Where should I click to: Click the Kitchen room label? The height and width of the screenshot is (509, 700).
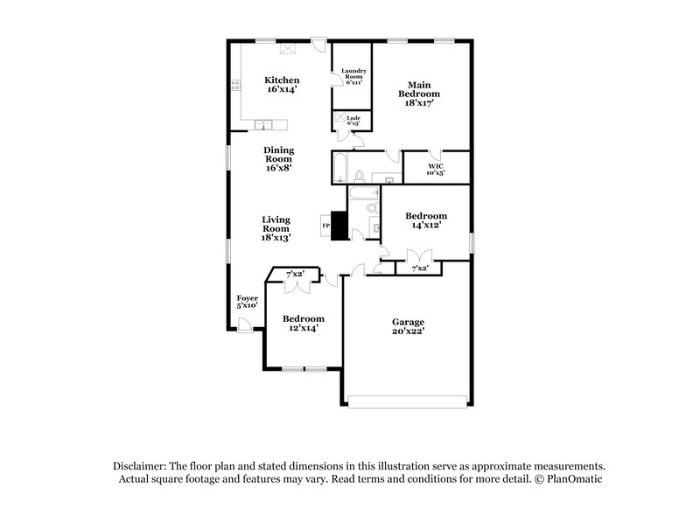[282, 85]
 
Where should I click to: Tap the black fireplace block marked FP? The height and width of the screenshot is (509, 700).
[340, 227]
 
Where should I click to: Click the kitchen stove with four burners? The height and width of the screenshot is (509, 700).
[235, 86]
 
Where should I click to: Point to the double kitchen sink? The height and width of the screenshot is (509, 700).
[263, 123]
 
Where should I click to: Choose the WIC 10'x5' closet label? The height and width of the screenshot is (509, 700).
[436, 169]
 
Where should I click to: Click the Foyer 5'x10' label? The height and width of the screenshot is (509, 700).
[248, 302]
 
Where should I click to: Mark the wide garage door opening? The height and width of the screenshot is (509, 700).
[408, 401]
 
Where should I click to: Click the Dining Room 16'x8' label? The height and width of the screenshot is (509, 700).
[278, 158]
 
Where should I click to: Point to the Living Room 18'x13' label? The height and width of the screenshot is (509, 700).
[276, 228]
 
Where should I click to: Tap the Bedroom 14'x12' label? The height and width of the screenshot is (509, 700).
[426, 220]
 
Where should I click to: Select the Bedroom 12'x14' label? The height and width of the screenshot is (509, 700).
[303, 324]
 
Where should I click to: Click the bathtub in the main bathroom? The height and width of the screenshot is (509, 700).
[340, 167]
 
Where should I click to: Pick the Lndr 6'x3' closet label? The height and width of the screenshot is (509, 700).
[353, 120]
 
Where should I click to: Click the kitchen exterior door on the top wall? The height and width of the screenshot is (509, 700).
[320, 44]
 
